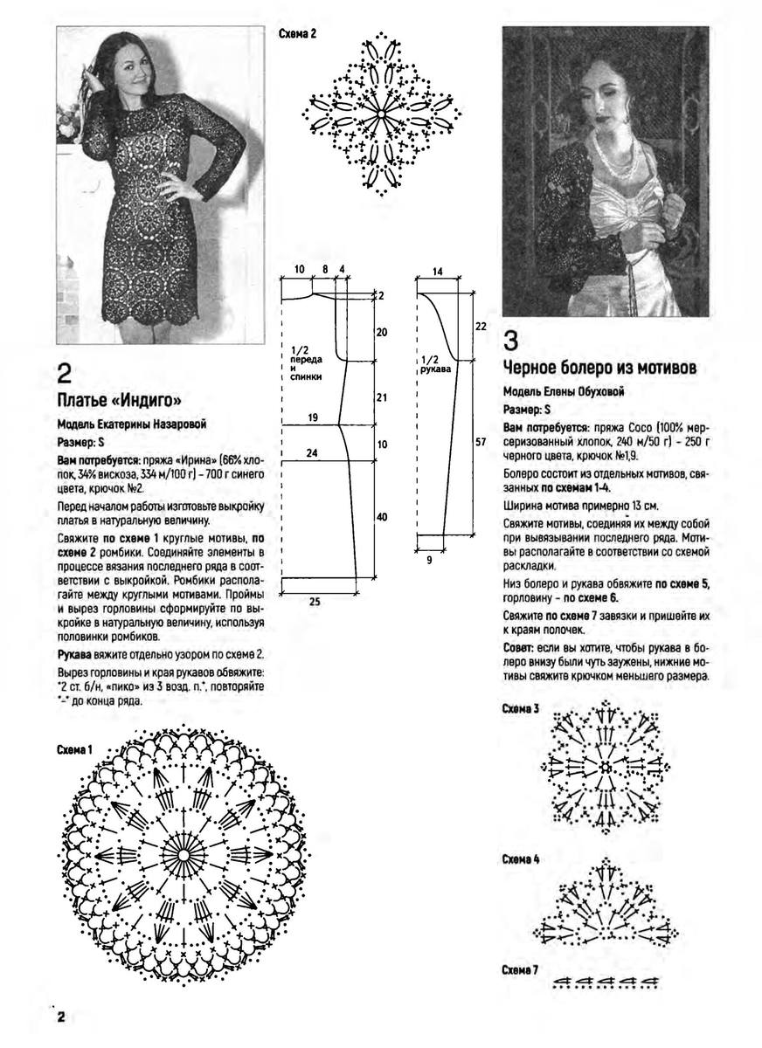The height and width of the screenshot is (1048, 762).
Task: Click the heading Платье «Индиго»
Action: pyautogui.click(x=119, y=401)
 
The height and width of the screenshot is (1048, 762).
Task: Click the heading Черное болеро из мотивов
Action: pyautogui.click(x=600, y=368)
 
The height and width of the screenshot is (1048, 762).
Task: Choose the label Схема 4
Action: pyautogui.click(x=520, y=859)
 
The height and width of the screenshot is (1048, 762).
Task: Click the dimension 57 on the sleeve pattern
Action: pyautogui.click(x=481, y=442)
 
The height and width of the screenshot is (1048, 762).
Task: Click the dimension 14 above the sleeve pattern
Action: pyautogui.click(x=437, y=272)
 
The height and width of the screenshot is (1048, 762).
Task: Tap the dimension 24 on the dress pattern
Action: pyautogui.click(x=312, y=453)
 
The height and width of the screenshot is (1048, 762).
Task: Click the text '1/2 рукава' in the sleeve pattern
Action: pyautogui.click(x=431, y=364)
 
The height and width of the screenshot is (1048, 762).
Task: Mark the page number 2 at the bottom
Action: pyautogui.click(x=62, y=1019)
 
